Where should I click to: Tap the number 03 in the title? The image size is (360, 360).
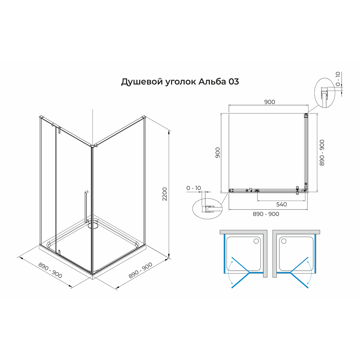(x=234, y=81)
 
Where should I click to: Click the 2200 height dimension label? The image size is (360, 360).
(x=165, y=194)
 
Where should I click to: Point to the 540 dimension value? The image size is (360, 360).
(x=282, y=204)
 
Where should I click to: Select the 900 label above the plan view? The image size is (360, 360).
(x=270, y=102)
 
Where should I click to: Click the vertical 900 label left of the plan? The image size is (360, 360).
(x=218, y=152)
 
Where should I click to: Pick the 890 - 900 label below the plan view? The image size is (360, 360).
(x=266, y=214)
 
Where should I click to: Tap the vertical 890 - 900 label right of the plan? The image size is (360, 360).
(x=322, y=153)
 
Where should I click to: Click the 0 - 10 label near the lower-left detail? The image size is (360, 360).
(x=194, y=188)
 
